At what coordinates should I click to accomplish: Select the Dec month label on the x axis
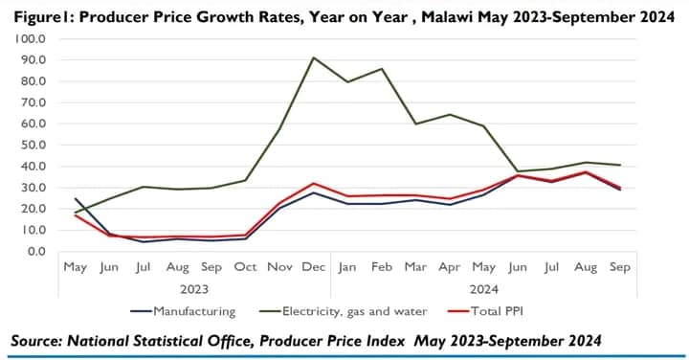[313, 267]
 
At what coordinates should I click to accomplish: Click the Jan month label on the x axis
[350, 267]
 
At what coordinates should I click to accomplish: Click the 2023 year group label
[193, 286]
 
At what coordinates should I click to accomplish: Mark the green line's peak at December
[314, 57]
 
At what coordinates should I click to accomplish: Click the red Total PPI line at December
[314, 183]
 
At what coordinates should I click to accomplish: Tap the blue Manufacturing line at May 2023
[75, 198]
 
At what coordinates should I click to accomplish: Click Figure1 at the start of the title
[37, 15]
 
